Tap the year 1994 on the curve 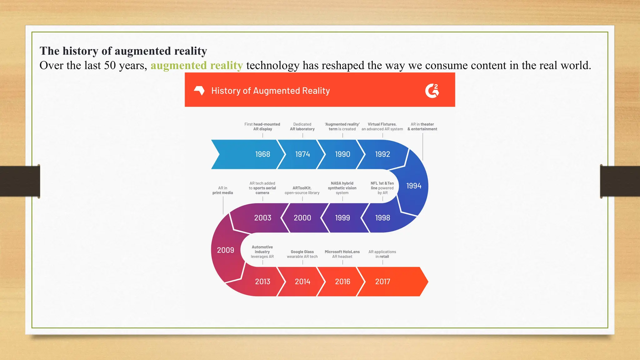(x=414, y=186)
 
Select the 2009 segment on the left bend (x=225, y=250)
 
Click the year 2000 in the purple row (x=302, y=218)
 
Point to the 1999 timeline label (x=342, y=218)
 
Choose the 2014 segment (x=302, y=282)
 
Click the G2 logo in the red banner (x=432, y=91)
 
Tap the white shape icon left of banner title (x=199, y=91)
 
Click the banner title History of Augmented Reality (x=270, y=91)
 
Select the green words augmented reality (x=197, y=65)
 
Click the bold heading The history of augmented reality (x=123, y=51)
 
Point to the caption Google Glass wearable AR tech (x=302, y=254)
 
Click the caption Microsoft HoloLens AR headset (x=342, y=254)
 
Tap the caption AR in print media (x=222, y=190)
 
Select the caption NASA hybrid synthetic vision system (x=342, y=188)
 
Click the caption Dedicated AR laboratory (x=302, y=127)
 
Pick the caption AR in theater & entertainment (x=422, y=127)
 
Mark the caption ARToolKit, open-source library (x=302, y=190)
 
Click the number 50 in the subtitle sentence (x=110, y=65)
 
